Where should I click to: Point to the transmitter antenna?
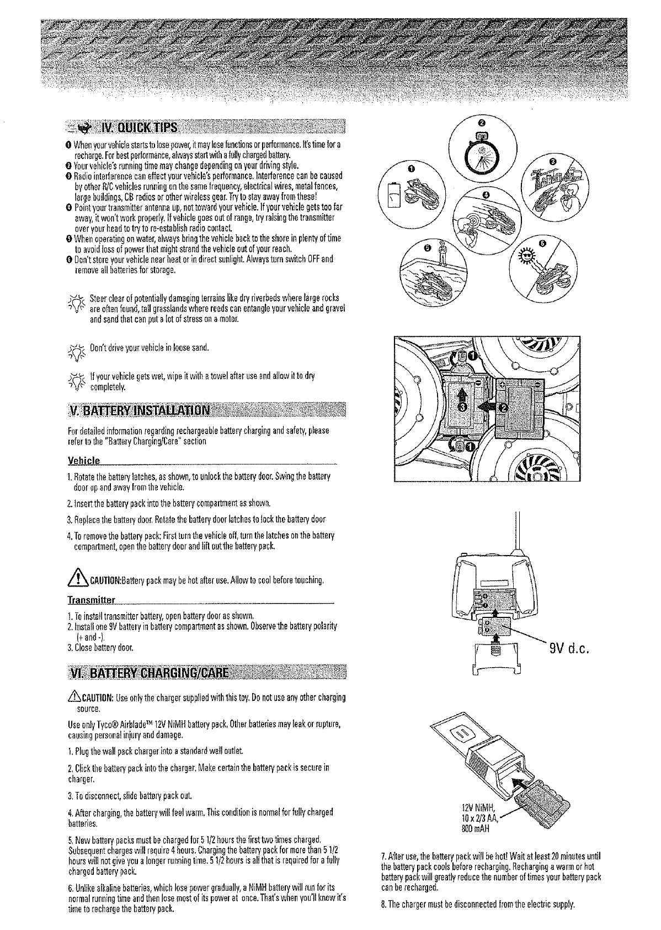(518, 531)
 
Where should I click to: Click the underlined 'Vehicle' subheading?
(83, 461)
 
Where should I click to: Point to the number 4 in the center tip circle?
(485, 195)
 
